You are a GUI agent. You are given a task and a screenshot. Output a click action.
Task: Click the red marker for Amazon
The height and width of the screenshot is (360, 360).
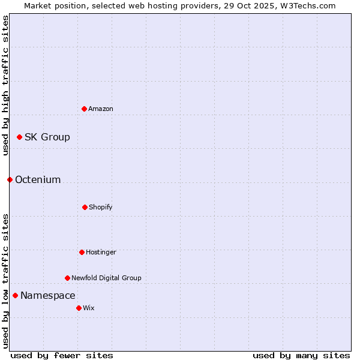pyautogui.click(x=84, y=109)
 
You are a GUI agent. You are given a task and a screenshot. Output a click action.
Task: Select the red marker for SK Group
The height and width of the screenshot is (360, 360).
pyautogui.click(x=19, y=137)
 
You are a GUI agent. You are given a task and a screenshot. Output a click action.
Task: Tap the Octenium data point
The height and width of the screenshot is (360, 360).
pyautogui.click(x=10, y=179)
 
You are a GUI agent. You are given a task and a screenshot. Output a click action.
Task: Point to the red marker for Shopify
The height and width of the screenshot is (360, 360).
pyautogui.click(x=85, y=207)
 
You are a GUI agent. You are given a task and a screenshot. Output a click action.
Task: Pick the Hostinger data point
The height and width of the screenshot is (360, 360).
pyautogui.click(x=82, y=252)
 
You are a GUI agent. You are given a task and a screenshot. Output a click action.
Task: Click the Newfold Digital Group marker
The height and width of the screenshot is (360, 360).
pyautogui.click(x=67, y=278)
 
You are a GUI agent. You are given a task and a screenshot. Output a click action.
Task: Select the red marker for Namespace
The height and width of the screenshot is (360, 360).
pyautogui.click(x=15, y=295)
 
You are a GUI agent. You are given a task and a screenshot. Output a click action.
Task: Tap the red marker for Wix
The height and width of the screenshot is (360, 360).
pyautogui.click(x=79, y=308)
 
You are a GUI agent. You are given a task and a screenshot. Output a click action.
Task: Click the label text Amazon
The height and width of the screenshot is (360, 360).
pyautogui.click(x=101, y=109)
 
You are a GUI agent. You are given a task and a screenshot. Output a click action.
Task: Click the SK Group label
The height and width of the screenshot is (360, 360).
pyautogui.click(x=47, y=137)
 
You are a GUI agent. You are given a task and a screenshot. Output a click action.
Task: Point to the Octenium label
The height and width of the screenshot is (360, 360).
pyautogui.click(x=38, y=180)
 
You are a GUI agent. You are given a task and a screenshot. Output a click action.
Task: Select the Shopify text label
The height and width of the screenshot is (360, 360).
pyautogui.click(x=101, y=208)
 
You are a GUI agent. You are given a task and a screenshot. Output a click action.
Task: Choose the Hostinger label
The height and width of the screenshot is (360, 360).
pyautogui.click(x=101, y=253)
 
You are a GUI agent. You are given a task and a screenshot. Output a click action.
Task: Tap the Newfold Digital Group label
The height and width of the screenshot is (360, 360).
pyautogui.click(x=106, y=278)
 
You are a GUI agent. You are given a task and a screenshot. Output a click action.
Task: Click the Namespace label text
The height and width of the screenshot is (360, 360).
pyautogui.click(x=48, y=296)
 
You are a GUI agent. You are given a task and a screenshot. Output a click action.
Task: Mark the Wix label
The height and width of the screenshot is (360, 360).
pyautogui.click(x=89, y=308)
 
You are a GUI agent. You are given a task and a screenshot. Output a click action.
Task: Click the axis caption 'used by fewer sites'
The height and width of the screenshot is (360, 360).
pyautogui.click(x=62, y=355)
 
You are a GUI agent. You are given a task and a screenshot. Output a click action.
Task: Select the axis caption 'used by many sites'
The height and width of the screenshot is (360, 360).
pyautogui.click(x=301, y=355)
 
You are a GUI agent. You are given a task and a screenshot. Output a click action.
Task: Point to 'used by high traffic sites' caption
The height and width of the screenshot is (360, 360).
pyautogui.click(x=5, y=85)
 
